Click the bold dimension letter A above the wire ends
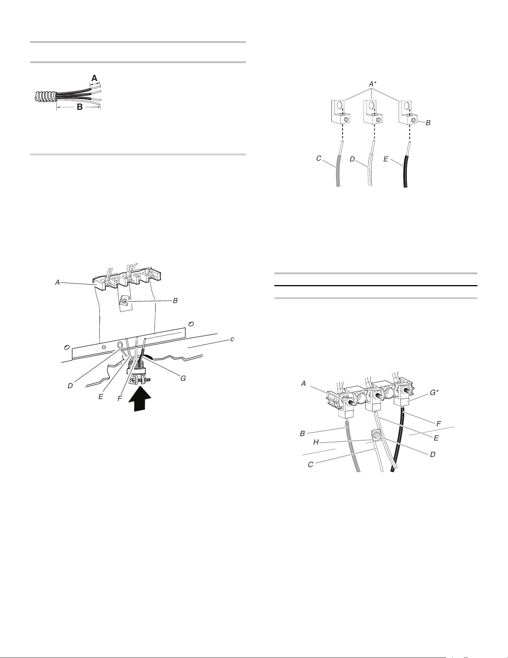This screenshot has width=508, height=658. [95, 78]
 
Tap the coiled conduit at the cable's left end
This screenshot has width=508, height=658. [44, 96]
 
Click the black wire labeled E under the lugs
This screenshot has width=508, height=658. [406, 164]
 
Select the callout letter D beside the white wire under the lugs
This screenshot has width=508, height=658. [352, 159]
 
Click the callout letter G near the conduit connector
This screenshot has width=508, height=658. [183, 379]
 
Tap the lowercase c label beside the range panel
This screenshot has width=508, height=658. [232, 339]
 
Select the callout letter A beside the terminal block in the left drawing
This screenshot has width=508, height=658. [57, 283]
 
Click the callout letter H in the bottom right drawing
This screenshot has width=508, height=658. [316, 442]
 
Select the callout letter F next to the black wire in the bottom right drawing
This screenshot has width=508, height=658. [439, 424]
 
